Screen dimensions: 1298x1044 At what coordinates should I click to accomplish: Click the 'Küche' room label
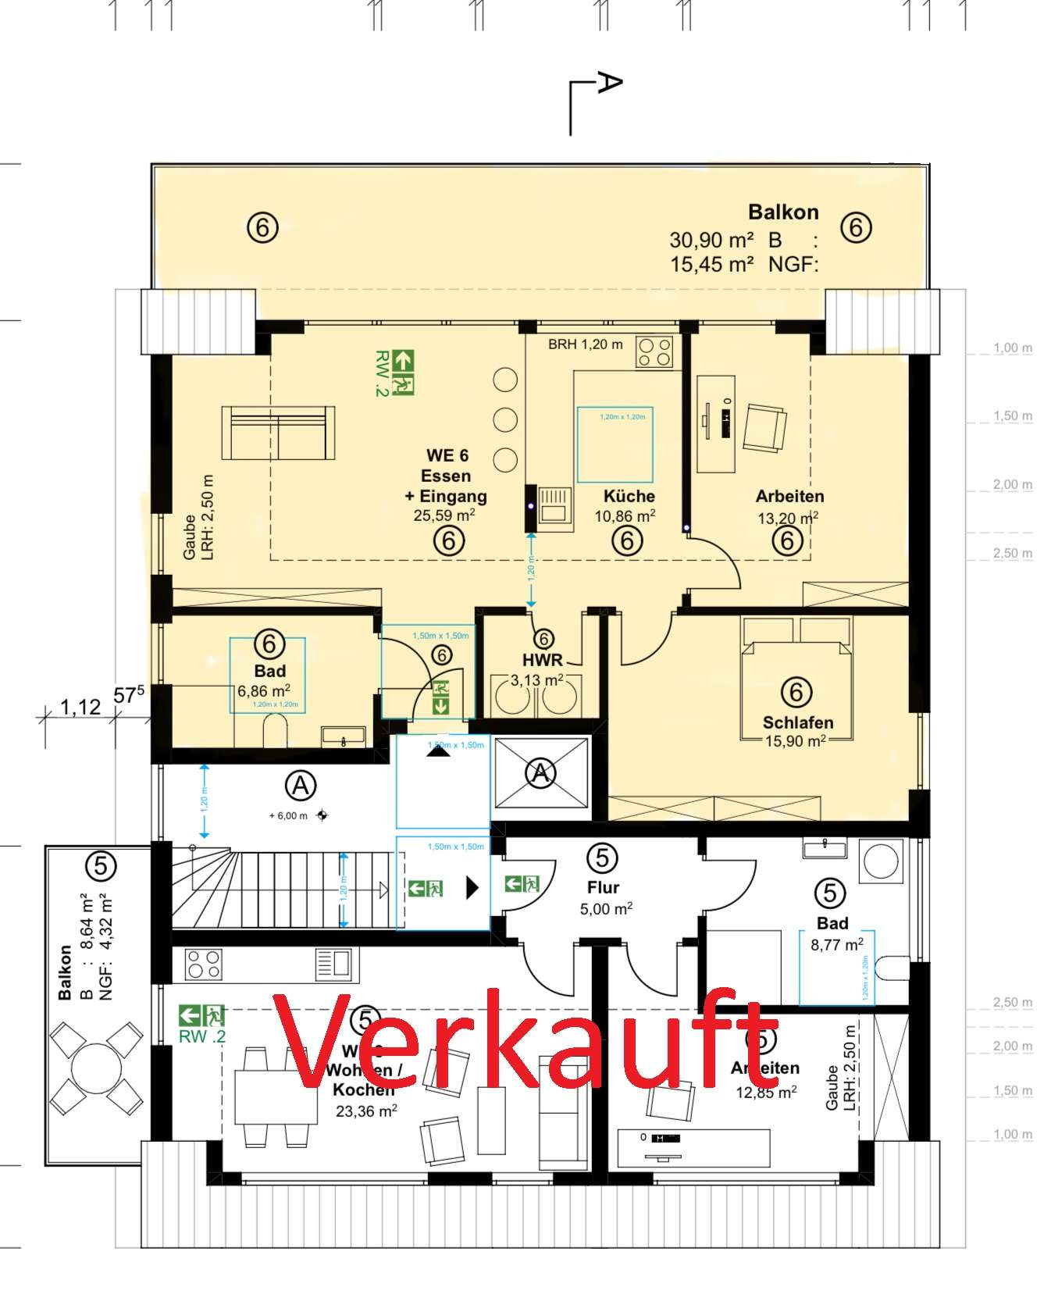coord(629,496)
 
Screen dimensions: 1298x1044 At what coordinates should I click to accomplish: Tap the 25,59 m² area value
coord(444,515)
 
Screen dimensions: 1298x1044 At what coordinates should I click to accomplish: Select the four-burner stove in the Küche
coord(654,351)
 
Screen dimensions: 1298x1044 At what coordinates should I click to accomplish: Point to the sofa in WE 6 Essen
coord(278,433)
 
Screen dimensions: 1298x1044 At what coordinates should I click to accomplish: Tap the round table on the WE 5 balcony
coord(96,1068)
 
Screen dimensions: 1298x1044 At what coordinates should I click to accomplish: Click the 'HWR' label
coord(542,660)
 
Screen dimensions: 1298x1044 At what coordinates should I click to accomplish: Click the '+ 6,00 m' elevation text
coord(288,815)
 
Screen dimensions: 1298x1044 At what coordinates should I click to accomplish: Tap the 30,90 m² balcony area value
coord(711,240)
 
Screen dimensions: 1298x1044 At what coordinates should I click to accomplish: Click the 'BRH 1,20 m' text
coord(585,344)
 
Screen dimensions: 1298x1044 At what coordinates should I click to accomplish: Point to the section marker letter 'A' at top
coord(609,83)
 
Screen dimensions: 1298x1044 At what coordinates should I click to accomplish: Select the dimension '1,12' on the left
coord(80,707)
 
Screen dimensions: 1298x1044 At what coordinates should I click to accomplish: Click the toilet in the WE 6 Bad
coord(275,732)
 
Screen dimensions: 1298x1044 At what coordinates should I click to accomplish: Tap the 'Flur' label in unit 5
coord(603,887)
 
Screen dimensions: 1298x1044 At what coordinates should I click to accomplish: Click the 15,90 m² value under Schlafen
coord(795,741)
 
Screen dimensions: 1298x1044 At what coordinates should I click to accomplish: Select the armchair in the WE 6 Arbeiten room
coord(764,428)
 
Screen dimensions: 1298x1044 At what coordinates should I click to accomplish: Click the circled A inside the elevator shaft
coord(540,773)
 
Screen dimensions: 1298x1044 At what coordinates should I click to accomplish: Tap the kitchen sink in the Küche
coord(554,504)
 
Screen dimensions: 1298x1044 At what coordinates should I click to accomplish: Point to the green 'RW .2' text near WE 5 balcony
coord(201,1036)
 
